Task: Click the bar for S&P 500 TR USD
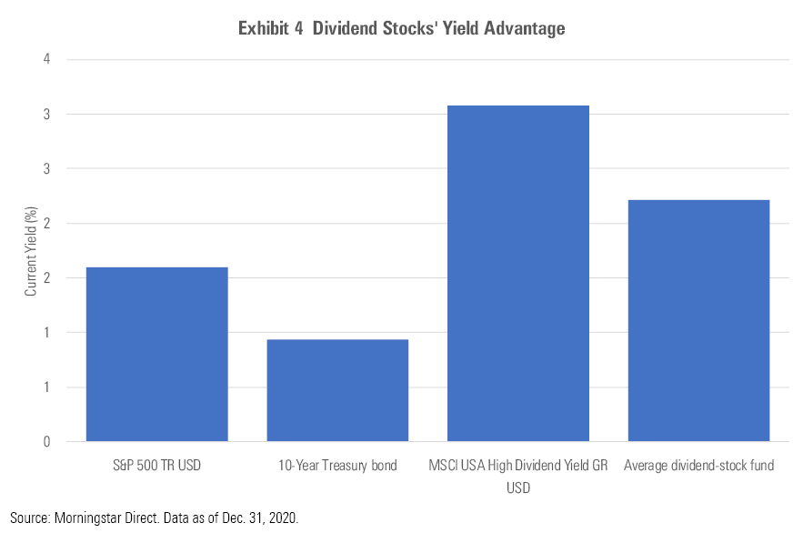[156, 354]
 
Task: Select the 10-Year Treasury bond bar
[337, 390]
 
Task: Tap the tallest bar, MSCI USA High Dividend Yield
[517, 273]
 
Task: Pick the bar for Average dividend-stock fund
[698, 320]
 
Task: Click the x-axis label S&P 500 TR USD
[156, 467]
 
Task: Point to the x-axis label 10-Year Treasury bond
[337, 467]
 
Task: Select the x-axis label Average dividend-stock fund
[698, 467]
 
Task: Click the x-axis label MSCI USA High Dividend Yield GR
[517, 467]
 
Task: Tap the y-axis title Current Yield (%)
[31, 250]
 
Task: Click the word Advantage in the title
[526, 29]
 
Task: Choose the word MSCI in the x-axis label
[443, 467]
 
